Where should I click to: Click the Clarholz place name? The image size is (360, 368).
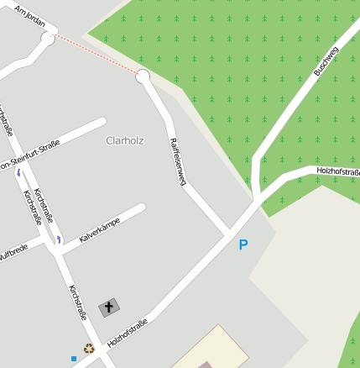tap(126, 140)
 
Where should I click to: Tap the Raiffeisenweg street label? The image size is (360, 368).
tap(176, 160)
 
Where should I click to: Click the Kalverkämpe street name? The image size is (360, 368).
tap(99, 230)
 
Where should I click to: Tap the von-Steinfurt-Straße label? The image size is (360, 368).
tap(29, 163)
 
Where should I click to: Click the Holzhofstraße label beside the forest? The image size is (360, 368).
tap(337, 171)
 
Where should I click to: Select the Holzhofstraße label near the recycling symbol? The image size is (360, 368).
tap(128, 334)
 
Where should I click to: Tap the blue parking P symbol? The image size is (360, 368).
tap(243, 245)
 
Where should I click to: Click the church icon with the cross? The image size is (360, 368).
tap(108, 308)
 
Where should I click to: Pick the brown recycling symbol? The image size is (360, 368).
tap(89, 347)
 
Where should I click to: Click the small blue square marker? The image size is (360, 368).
tap(74, 359)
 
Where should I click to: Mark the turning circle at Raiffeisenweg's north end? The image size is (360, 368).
tap(143, 76)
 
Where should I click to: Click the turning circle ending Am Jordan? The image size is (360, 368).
tap(48, 39)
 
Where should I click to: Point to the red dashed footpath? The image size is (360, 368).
tap(95, 57)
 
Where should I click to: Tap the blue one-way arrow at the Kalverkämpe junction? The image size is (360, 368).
tap(59, 239)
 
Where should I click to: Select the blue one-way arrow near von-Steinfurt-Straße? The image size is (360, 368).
tap(18, 172)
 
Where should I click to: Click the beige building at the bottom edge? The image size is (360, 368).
tap(210, 349)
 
